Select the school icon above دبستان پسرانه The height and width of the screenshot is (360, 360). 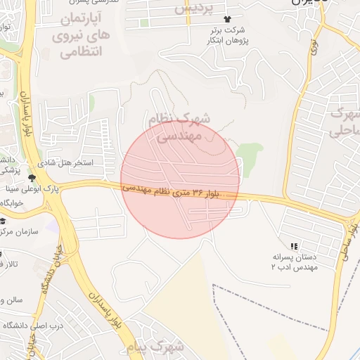pyautogui.click(x=294, y=245)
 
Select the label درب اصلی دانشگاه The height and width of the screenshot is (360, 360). pyautogui.click(x=30, y=326)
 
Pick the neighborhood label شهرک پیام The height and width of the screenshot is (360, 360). pyautogui.click(x=157, y=347)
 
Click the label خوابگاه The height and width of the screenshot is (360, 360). pyautogui.click(x=12, y=202)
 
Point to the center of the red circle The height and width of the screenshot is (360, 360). pyautogui.click(x=180, y=179)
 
